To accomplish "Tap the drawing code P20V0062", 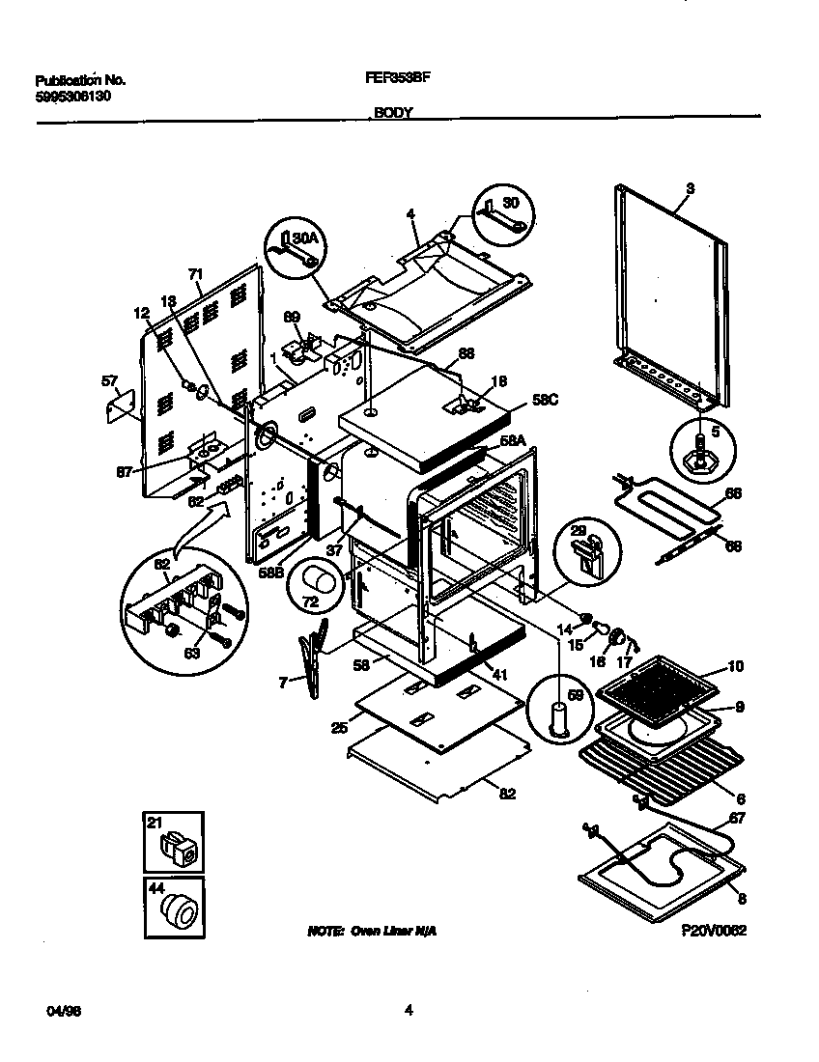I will pos(714,930).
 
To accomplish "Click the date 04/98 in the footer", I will pos(59,1011).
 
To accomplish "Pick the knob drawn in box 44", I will pos(179,909).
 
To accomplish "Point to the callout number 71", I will pos(196,276).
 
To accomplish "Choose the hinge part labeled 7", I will pos(313,661).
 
